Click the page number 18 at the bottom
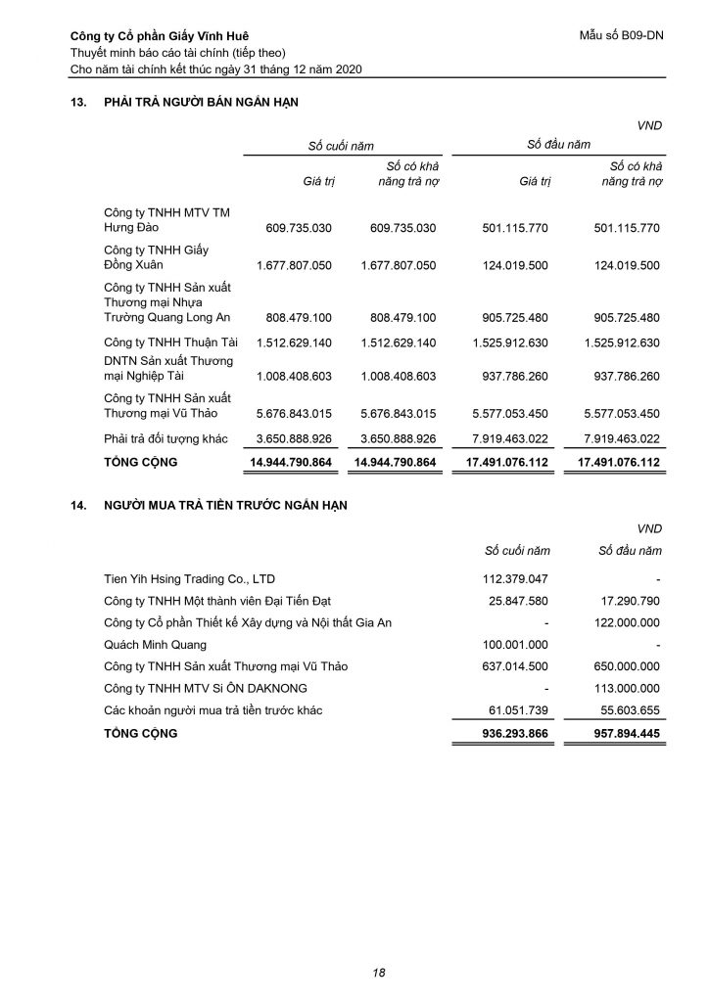379,972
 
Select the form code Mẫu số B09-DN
622,37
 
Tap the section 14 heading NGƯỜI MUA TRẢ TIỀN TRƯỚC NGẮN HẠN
225,505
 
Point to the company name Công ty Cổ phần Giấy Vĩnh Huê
156,37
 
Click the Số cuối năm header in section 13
341,145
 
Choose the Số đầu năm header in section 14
630,551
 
